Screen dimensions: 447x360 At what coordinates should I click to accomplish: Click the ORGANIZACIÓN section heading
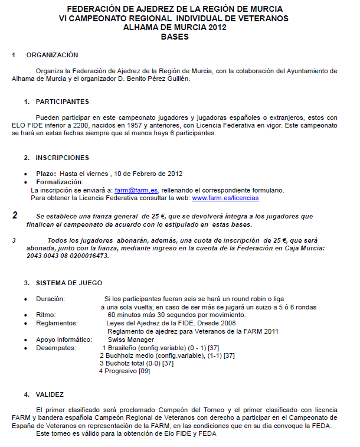tap(52, 55)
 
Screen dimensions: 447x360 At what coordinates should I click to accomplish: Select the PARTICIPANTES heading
tap(62, 102)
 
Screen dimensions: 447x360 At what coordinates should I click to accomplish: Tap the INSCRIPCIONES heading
tap(62, 158)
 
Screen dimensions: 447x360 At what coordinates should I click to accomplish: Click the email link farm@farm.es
tap(136, 190)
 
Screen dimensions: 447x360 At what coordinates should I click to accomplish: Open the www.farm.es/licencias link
tap(225, 198)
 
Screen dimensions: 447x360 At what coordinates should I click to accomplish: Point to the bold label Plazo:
tap(46, 174)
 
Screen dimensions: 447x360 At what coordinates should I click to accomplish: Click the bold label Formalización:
tap(60, 182)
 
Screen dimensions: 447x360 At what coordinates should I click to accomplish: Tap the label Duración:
tap(50, 299)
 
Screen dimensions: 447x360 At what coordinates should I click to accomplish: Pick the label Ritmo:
tap(46, 315)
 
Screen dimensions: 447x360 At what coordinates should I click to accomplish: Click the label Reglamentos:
tap(56, 324)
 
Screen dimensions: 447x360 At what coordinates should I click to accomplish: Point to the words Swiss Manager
tap(131, 340)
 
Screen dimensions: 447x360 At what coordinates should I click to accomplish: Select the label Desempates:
tap(55, 348)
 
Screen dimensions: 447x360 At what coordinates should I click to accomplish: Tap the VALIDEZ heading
tap(50, 394)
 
